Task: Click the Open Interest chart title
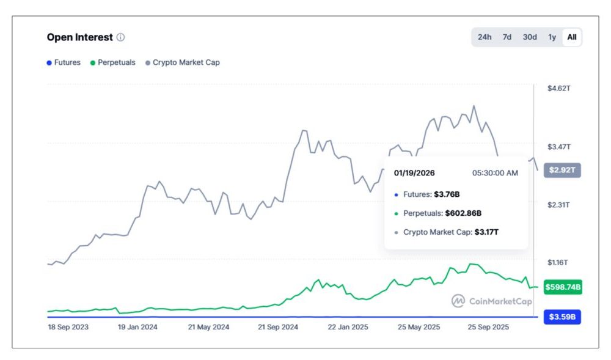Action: [79, 37]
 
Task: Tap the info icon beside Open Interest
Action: [120, 37]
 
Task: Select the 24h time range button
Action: [485, 37]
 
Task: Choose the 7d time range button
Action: [507, 37]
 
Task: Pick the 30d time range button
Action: [530, 37]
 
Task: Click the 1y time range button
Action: [552, 37]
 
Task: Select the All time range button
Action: [572, 37]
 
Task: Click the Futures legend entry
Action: [64, 62]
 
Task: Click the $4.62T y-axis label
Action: [558, 89]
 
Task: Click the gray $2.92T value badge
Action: [562, 170]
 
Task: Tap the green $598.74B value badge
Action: [562, 287]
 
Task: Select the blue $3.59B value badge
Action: [562, 317]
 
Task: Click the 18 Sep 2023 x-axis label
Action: [68, 327]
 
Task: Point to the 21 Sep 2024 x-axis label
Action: [277, 327]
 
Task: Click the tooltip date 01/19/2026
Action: [414, 173]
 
